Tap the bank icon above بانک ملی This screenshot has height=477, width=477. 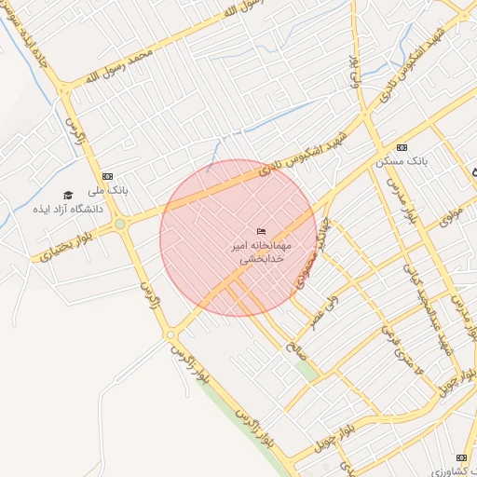coord(107,176)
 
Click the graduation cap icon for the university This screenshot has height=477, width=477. coord(67,195)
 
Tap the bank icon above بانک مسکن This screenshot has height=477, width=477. coord(402,148)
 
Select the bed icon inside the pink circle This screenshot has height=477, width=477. coord(261,231)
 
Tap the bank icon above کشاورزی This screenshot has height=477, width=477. coord(460,457)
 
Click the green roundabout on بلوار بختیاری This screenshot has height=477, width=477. coord(120,224)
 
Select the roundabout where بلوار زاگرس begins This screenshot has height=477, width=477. coord(170,334)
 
